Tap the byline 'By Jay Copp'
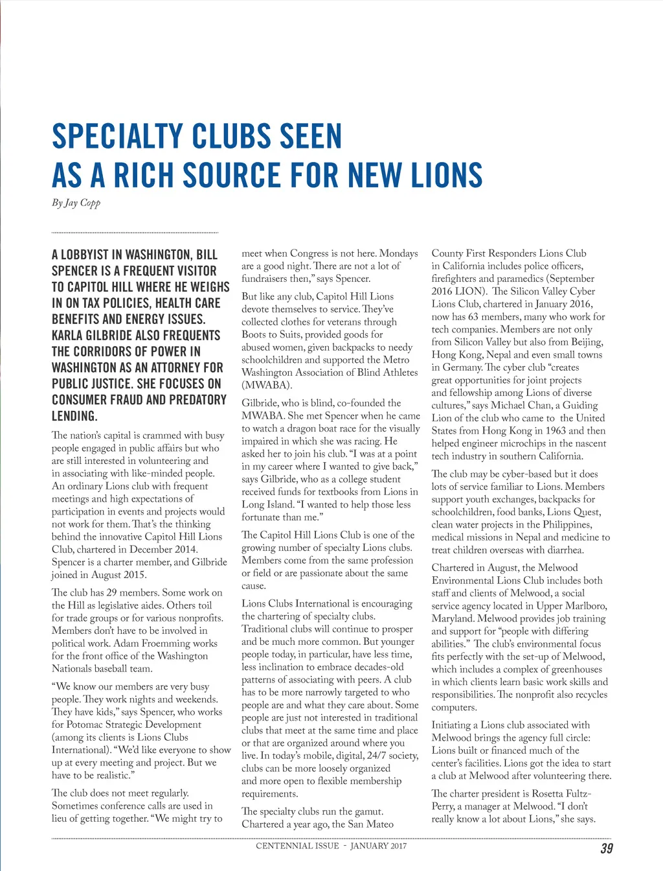coord(76,203)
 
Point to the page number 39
coord(607,848)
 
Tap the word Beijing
coord(587,342)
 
